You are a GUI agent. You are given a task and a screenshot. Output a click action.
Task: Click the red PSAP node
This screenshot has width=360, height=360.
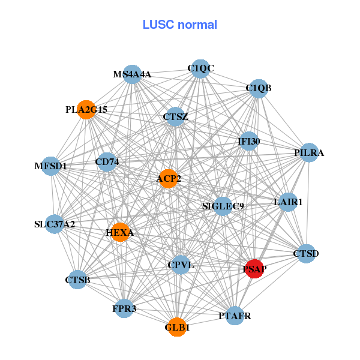(254, 269)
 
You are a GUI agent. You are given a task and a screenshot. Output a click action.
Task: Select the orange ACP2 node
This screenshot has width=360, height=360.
(169, 178)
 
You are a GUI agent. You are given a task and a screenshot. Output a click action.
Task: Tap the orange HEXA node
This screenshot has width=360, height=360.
(121, 232)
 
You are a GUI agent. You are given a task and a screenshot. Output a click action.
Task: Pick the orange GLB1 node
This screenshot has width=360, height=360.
(176, 327)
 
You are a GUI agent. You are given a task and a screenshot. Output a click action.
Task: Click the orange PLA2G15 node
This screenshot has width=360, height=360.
(86, 110)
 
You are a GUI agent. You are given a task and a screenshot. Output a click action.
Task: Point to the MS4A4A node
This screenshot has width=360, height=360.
(132, 74)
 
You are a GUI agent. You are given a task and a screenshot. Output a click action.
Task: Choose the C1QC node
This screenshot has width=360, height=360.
(200, 68)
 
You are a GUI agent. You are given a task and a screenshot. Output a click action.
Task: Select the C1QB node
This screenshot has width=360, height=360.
(258, 89)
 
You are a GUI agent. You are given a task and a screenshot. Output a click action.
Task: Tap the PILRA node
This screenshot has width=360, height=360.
(308, 153)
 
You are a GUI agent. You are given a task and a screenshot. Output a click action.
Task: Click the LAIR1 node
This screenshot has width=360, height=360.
(287, 202)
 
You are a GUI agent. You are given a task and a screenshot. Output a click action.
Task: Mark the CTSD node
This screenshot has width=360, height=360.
(306, 254)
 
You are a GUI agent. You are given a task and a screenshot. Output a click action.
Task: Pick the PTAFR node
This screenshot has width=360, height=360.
(235, 316)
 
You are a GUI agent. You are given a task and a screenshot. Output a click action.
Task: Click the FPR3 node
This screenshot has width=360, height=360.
(124, 309)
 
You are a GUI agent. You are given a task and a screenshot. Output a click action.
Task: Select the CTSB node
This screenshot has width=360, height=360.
(77, 280)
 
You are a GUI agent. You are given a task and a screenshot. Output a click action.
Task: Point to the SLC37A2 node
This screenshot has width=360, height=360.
(55, 225)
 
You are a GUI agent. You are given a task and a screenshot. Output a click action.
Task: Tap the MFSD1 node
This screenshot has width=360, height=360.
(50, 166)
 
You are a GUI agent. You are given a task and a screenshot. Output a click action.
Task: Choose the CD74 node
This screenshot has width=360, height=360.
(106, 161)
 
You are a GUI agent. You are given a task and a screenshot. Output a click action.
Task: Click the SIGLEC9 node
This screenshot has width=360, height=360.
(223, 206)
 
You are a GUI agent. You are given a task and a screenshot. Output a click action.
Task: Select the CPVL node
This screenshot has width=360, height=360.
(181, 265)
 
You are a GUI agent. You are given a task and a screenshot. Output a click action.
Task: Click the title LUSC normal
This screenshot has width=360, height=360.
(179, 25)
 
